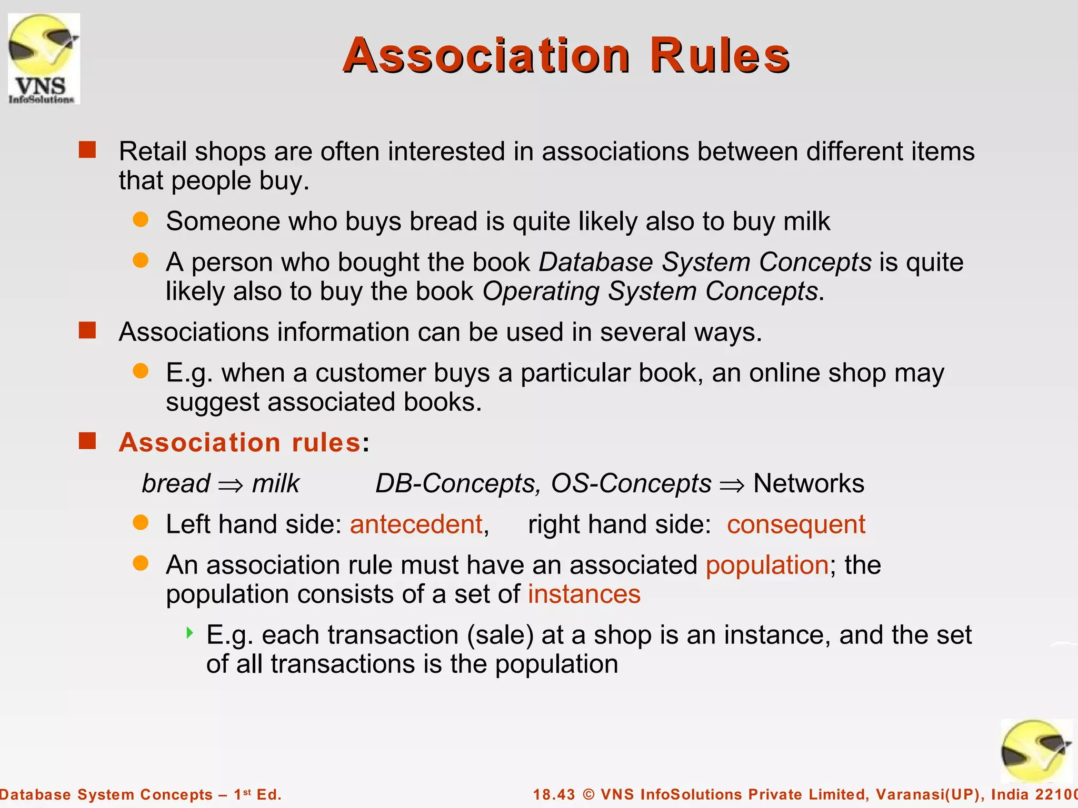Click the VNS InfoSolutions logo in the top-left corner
point(44,58)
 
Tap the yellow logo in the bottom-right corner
point(1035,751)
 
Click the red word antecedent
point(416,524)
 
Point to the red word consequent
point(796,524)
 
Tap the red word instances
point(584,594)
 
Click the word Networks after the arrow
point(808,483)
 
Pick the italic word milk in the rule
point(276,483)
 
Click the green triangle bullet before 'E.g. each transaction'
point(189,632)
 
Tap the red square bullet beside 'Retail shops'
point(87,150)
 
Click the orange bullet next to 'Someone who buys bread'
point(141,219)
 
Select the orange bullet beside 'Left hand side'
point(141,522)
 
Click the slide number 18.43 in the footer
point(554,794)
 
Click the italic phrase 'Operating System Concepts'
point(650,291)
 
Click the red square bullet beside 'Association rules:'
point(87,441)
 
